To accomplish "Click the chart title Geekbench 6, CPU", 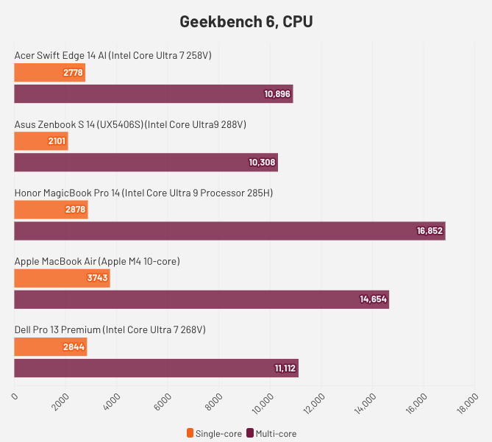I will point(246,21).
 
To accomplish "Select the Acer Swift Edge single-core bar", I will point(49,73).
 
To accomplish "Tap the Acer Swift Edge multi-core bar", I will point(153,93).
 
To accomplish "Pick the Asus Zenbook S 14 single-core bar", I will point(41,141).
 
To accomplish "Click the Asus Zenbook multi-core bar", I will point(146,162).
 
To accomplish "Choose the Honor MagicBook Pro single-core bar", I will point(51,210).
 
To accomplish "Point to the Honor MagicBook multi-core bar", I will point(229,230).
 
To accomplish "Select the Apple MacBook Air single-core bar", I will point(62,278).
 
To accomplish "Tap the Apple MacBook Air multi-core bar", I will point(201,299).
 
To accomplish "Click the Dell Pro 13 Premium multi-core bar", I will point(156,368).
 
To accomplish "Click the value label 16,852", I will point(429,231).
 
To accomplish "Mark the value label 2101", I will point(56,141).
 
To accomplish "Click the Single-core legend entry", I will point(215,433).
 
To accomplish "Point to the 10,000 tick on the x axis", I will point(266,402).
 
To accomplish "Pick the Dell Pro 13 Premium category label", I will point(110,329).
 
